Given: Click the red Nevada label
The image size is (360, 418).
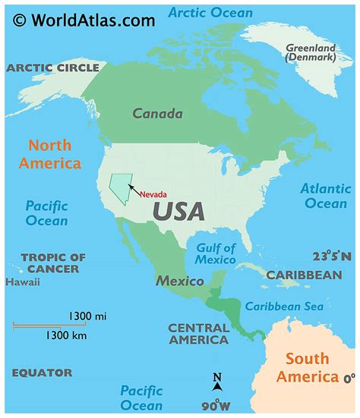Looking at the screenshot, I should tap(153, 194).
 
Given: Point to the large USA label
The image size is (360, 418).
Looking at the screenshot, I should tap(178, 210).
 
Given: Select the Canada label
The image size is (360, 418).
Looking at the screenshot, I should tap(157, 114).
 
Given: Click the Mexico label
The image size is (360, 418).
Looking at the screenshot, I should tap(180, 281).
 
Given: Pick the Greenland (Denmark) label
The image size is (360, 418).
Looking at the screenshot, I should tap(309, 52).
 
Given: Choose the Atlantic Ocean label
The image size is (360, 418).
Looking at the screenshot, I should tap(326, 196).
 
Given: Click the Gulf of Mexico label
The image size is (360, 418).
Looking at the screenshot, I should tap(216, 254).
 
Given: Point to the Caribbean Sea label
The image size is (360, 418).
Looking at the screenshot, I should tap(284, 306).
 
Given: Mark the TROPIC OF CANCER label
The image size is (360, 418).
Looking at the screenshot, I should tap(53, 263).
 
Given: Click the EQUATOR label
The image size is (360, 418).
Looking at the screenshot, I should tap(42, 372).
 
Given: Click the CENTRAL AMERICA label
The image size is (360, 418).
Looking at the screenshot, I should tap(198, 334).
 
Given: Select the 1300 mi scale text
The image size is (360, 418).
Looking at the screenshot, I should tap(86, 315).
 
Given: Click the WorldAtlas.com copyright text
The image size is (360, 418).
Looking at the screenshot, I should tap(84, 19).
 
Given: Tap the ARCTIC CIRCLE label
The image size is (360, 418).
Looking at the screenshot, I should tap(53, 68).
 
